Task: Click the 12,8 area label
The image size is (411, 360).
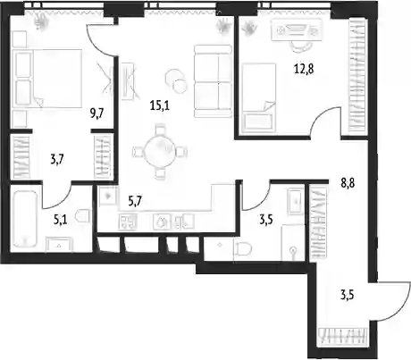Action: [x=304, y=70]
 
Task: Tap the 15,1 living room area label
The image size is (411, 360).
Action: [x=160, y=105]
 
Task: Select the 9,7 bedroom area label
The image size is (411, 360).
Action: [x=97, y=113]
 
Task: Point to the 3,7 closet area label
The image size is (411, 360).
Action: [x=57, y=160]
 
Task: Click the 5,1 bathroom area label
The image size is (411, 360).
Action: [x=61, y=220]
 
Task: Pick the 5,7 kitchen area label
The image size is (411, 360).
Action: [x=135, y=201]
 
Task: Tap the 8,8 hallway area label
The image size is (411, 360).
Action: [x=348, y=183]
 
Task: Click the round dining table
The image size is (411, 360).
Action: [x=160, y=150]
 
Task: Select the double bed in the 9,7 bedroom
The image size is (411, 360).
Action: [x=56, y=78]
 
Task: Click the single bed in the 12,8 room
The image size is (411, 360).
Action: [x=258, y=97]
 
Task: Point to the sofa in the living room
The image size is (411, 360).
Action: [x=213, y=80]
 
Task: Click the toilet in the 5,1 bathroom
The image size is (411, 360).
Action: [x=82, y=215]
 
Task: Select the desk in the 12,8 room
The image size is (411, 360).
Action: [x=297, y=29]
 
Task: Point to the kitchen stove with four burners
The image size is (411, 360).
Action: [x=129, y=222]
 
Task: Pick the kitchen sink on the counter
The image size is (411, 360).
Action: [x=162, y=222]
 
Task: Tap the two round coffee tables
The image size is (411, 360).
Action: [x=176, y=80]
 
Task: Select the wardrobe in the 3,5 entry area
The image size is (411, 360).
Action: [x=318, y=222]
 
